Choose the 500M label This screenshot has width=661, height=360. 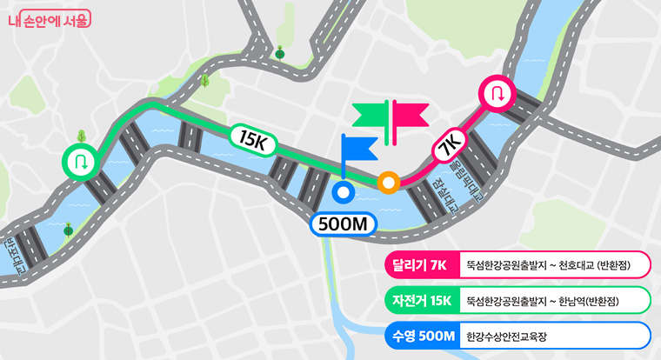coord(345,224)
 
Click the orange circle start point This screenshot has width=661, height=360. coord(389,183)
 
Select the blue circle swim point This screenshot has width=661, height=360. coord(343,192)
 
